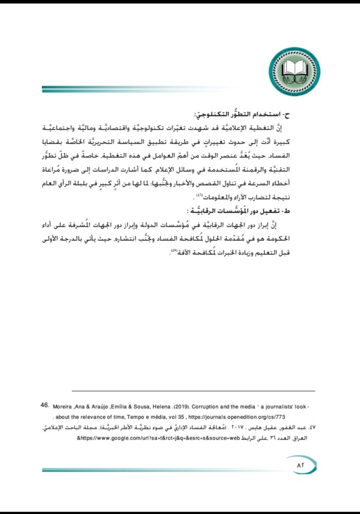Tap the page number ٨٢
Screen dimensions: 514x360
pos(302,466)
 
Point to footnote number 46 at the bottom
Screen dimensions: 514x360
pos(45,403)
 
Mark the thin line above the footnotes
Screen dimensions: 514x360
pos(193,391)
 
